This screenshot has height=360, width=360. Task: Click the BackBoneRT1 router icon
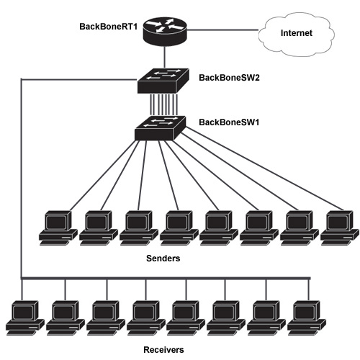pyautogui.click(x=165, y=32)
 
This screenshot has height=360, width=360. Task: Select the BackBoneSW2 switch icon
pyautogui.click(x=163, y=81)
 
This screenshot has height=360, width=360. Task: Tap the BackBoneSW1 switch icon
pyautogui.click(x=160, y=128)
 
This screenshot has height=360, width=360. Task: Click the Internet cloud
pyautogui.click(x=297, y=35)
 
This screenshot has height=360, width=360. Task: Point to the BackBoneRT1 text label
pyautogui.click(x=109, y=27)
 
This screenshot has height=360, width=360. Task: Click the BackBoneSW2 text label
pyautogui.click(x=229, y=78)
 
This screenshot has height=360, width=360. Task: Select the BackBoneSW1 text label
pyautogui.click(x=229, y=122)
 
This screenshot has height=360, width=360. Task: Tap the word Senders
pyautogui.click(x=163, y=258)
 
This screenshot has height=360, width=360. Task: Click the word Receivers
pyautogui.click(x=163, y=350)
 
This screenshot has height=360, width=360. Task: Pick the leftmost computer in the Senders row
pyautogui.click(x=58, y=228)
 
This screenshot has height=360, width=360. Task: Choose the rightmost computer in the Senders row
pyautogui.click(x=340, y=228)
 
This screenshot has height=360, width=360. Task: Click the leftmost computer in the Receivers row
pyautogui.click(x=25, y=318)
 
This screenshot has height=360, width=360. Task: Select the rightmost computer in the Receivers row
pyautogui.click(x=307, y=318)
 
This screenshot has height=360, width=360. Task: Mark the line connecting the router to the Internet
pyautogui.click(x=222, y=30)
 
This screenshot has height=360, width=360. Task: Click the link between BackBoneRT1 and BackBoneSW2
pyautogui.click(x=165, y=58)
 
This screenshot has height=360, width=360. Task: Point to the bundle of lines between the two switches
pyautogui.click(x=164, y=104)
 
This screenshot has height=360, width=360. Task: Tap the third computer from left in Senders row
pyautogui.click(x=139, y=228)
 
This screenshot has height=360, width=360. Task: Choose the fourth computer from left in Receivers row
pyautogui.click(x=146, y=318)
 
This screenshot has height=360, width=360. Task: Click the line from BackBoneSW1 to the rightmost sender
pyautogui.click(x=264, y=168)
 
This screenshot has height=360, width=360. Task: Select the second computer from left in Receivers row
pyautogui.click(x=66, y=318)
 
